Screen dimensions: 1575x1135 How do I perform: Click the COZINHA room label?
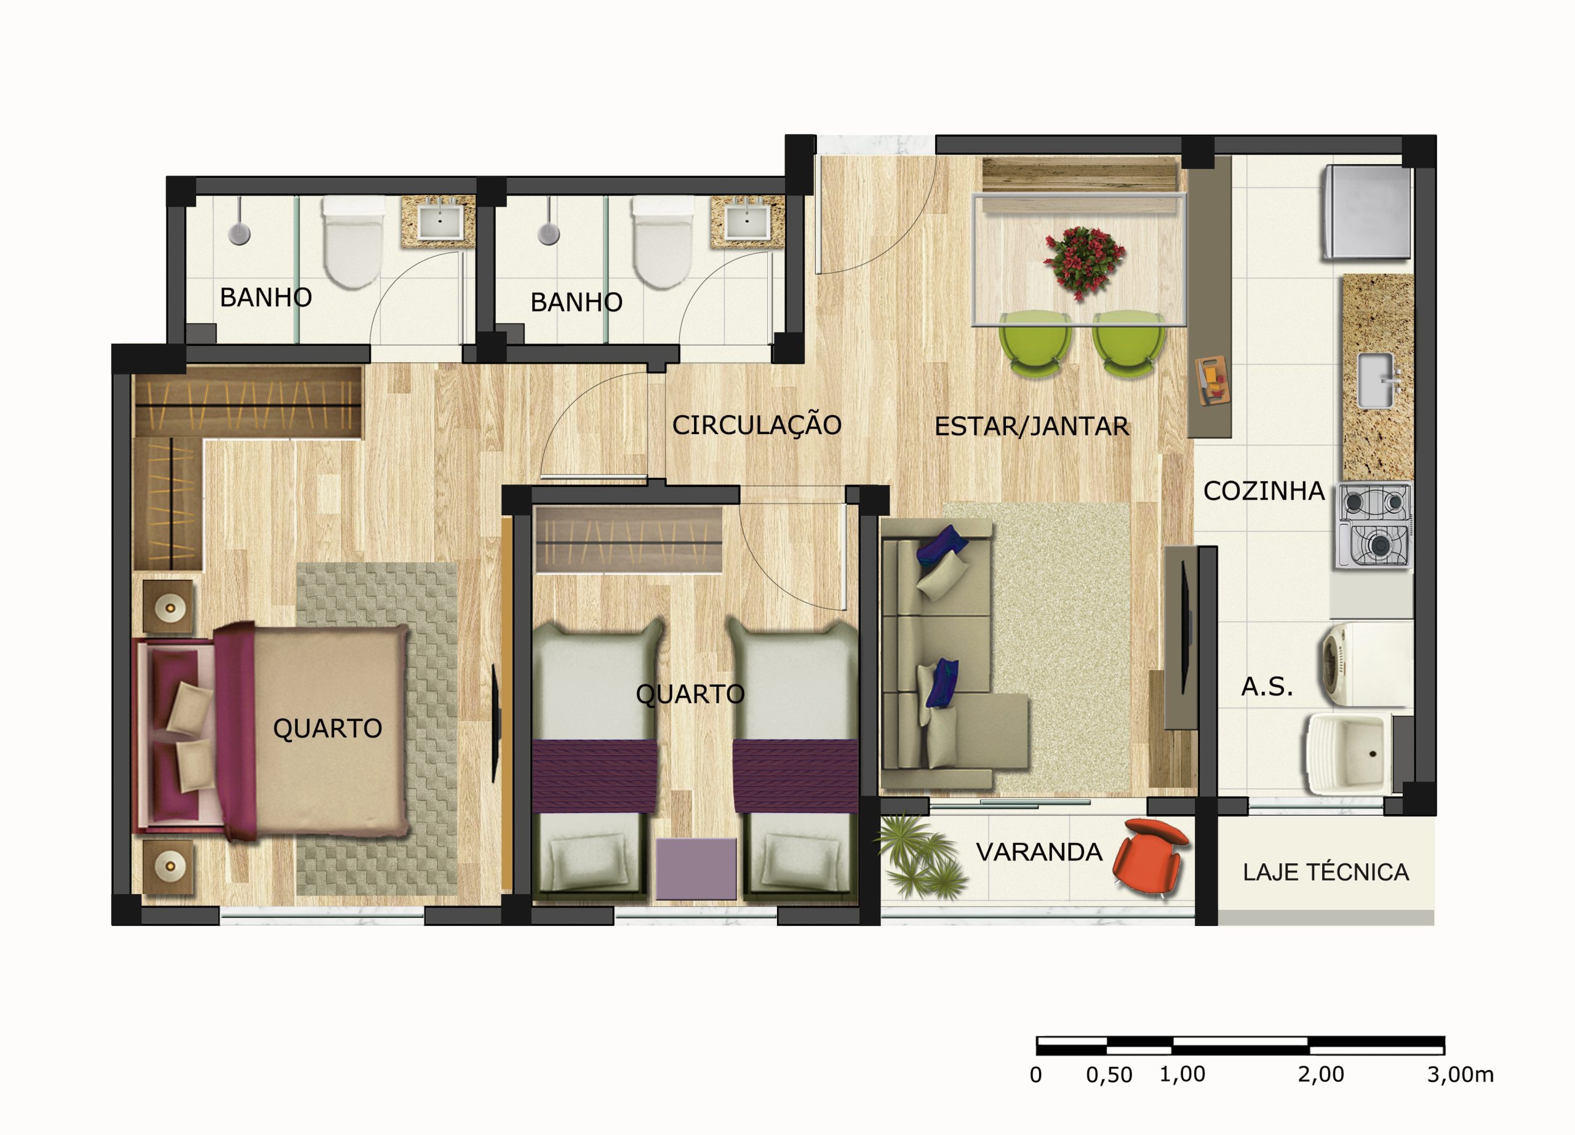(1264, 491)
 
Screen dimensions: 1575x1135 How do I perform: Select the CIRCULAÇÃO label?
(756, 425)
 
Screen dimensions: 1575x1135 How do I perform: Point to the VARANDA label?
(1039, 852)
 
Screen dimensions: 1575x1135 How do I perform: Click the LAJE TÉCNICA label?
(1326, 872)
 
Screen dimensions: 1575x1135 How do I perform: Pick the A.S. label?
(1267, 687)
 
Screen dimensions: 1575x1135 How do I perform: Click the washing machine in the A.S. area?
(1365, 663)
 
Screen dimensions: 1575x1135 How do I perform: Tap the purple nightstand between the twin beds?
(696, 868)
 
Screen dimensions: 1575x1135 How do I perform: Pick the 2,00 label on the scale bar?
(1321, 1075)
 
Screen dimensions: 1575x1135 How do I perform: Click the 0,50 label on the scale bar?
(1109, 1075)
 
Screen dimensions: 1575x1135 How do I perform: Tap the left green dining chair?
(1035, 344)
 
